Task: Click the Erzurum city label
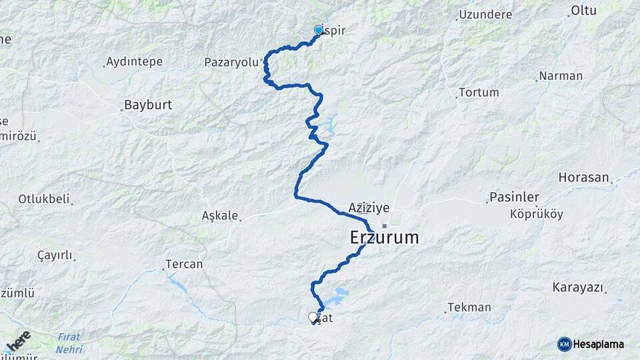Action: [384, 237]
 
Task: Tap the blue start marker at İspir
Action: [318, 29]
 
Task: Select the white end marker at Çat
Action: [313, 317]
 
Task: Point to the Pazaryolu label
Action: [231, 63]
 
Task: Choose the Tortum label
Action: [479, 93]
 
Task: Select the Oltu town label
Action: [584, 11]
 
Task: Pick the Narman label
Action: [561, 76]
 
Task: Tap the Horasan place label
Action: [585, 178]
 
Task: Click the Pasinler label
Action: [514, 197]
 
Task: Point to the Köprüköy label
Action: [537, 214]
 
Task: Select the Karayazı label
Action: [578, 288]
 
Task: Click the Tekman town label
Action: [469, 307]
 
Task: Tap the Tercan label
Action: [184, 265]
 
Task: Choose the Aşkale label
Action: [219, 216]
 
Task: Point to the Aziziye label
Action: [369, 208]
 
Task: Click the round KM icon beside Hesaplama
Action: [564, 344]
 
